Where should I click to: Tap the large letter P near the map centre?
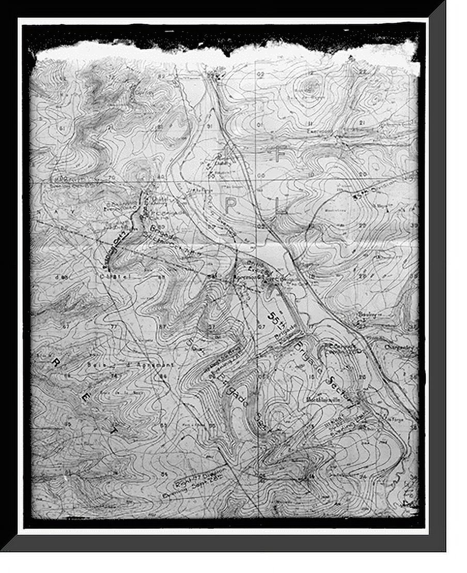(x=230, y=205)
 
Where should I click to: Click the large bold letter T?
(x=115, y=429)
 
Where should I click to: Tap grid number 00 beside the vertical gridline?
(x=261, y=176)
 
